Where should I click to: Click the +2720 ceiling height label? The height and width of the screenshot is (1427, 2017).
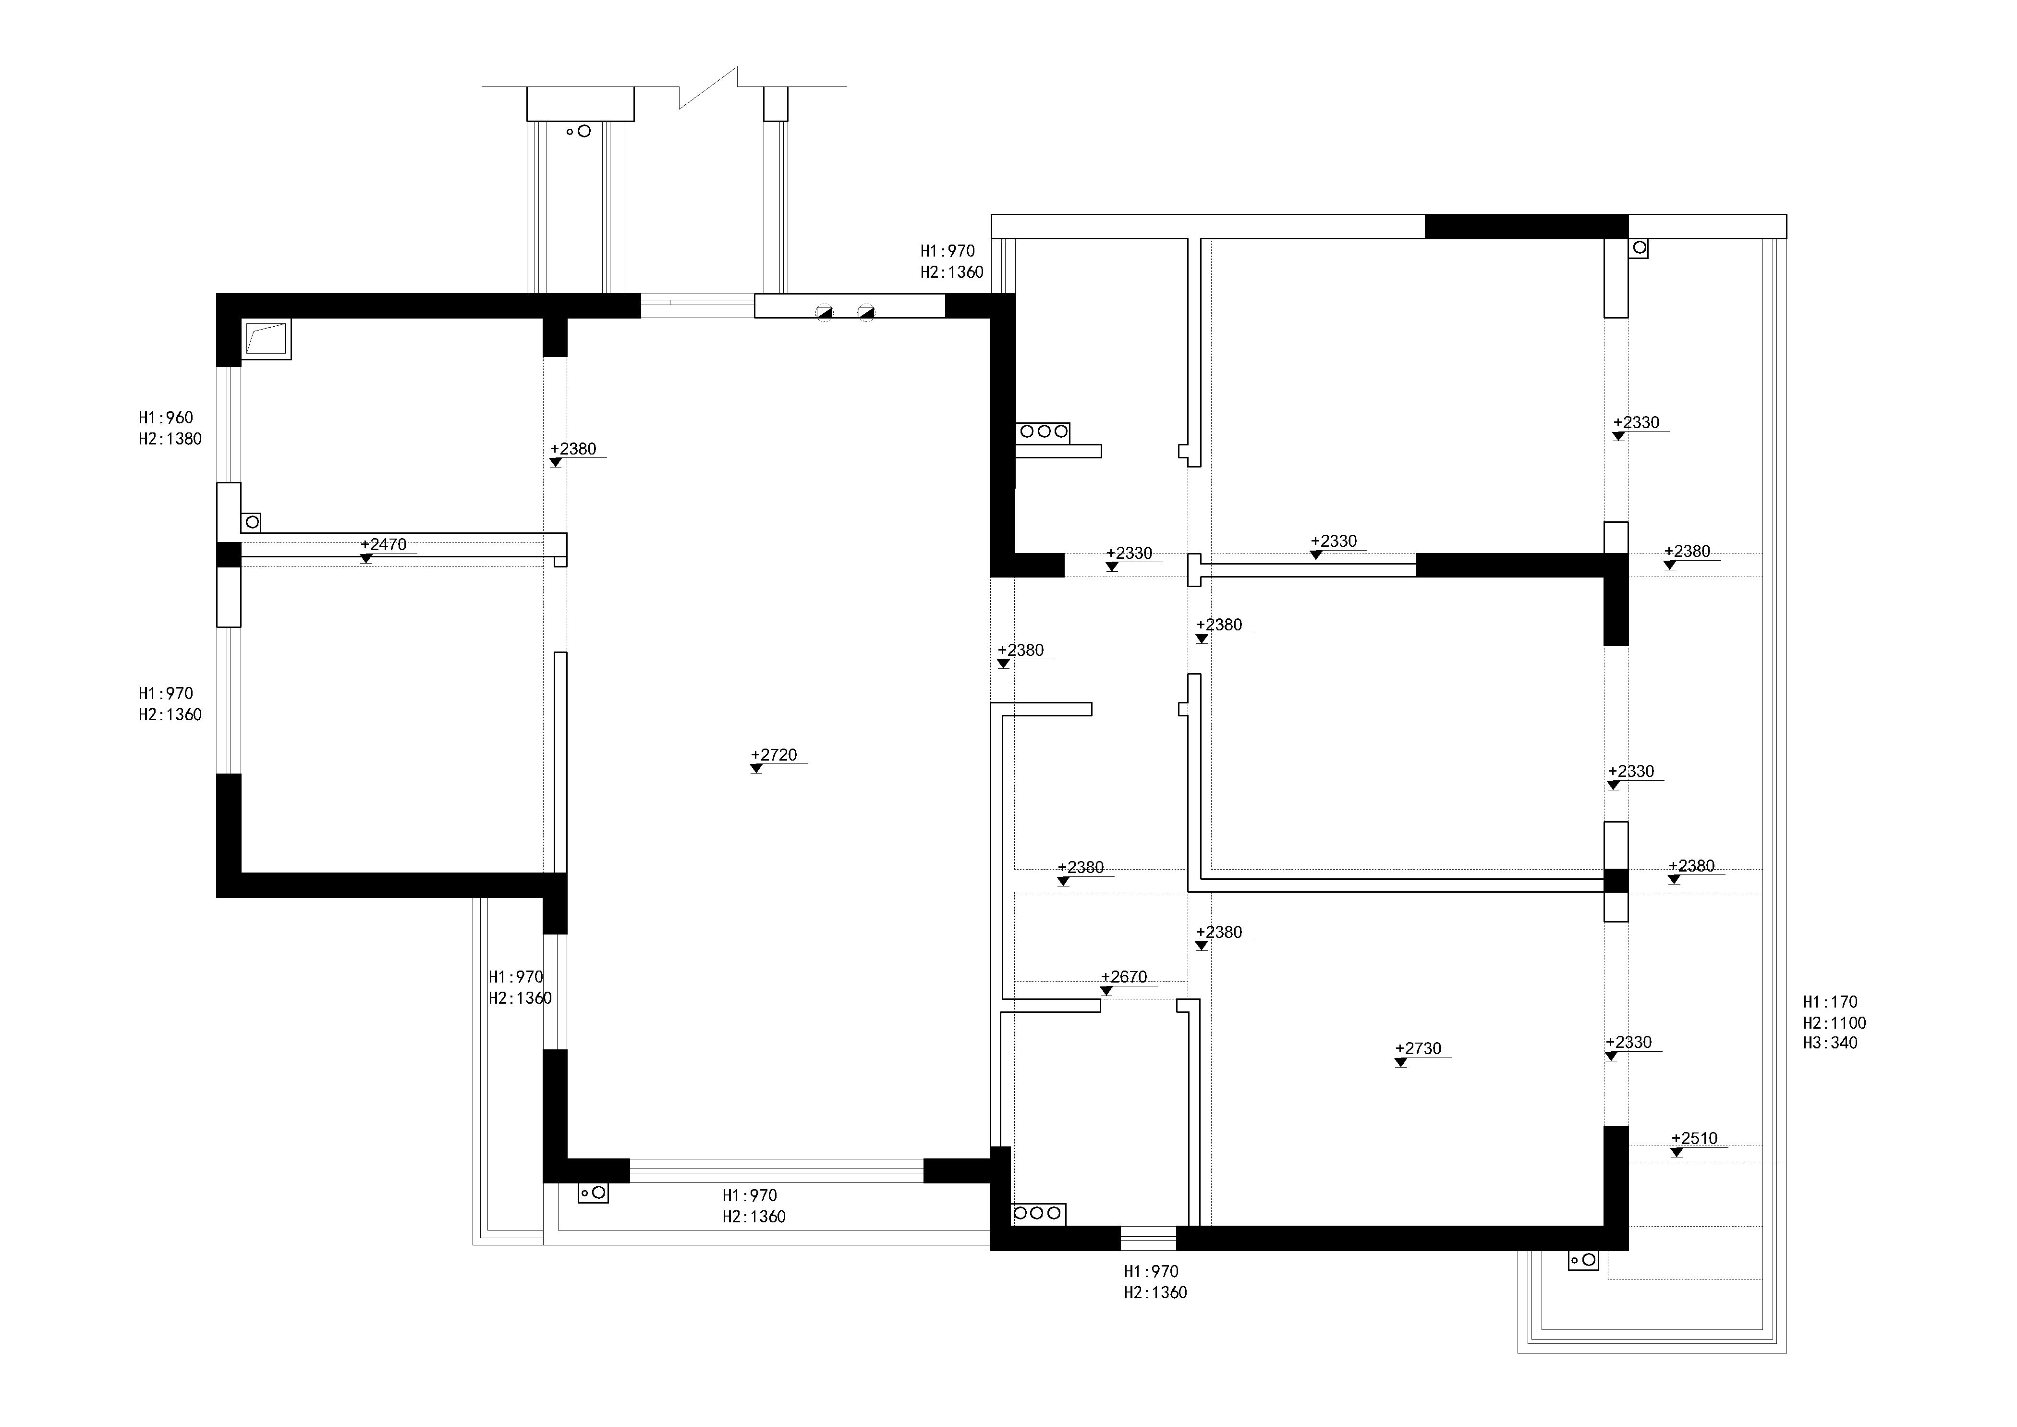(774, 755)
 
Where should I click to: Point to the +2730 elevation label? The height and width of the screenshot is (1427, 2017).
(1419, 1048)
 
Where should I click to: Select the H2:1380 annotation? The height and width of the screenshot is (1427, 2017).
(170, 439)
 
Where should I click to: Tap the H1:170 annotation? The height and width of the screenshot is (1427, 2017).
(1831, 1002)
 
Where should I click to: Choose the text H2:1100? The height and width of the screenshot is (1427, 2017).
(1835, 1023)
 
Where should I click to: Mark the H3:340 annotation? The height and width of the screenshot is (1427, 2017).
(1831, 1043)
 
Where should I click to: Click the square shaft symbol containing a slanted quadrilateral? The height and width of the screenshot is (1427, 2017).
(266, 339)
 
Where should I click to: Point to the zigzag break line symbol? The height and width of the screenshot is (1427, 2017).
(708, 88)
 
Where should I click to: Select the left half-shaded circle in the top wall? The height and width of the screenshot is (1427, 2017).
(824, 312)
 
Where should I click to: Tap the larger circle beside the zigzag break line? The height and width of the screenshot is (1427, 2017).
(583, 131)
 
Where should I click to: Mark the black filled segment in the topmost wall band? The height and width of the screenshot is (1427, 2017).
(1526, 227)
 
